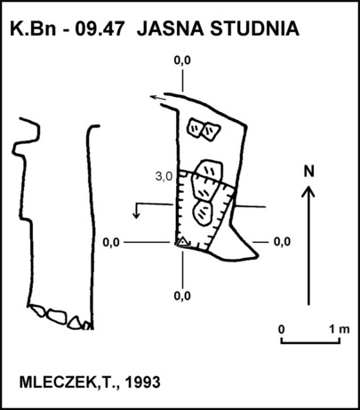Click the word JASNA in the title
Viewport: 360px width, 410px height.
[170, 28]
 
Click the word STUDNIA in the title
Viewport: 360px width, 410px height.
[254, 28]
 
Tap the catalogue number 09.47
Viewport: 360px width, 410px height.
[99, 28]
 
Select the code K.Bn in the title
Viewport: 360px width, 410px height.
[33, 28]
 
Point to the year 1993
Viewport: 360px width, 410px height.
[143, 382]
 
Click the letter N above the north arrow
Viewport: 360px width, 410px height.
[308, 172]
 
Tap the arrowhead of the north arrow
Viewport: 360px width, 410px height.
[308, 191]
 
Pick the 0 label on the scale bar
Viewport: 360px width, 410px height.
[282, 329]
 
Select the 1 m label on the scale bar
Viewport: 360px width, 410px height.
[340, 329]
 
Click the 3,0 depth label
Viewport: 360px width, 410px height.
[164, 177]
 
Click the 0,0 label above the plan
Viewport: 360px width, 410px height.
[182, 60]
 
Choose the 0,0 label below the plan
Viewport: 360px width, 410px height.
[182, 295]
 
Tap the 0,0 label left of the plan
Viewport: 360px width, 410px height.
[111, 243]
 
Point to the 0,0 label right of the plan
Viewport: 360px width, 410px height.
[282, 242]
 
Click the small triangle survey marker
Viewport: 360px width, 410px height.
[183, 242]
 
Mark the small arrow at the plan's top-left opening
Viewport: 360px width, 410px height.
[157, 98]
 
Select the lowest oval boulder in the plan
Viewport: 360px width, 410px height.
[203, 213]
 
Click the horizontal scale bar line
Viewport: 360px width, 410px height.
[310, 343]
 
